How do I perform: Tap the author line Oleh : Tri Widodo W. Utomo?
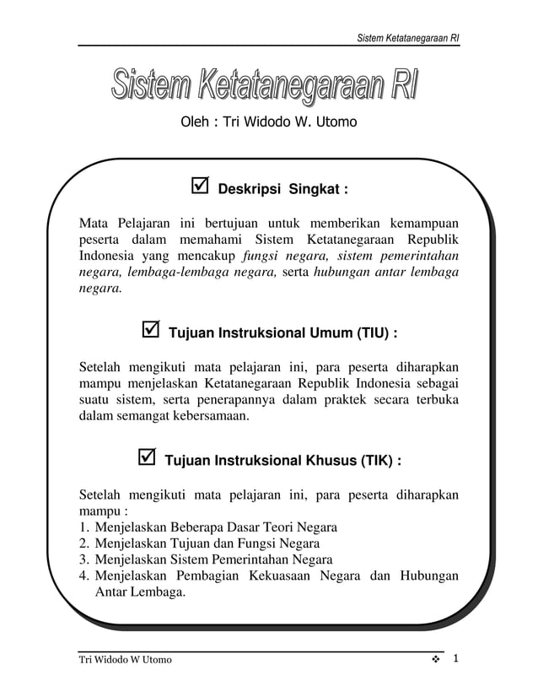[268, 122]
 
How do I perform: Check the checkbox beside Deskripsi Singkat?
[201, 186]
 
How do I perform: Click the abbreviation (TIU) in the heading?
[369, 333]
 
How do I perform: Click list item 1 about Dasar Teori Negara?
[216, 527]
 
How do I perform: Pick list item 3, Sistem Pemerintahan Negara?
[214, 559]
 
